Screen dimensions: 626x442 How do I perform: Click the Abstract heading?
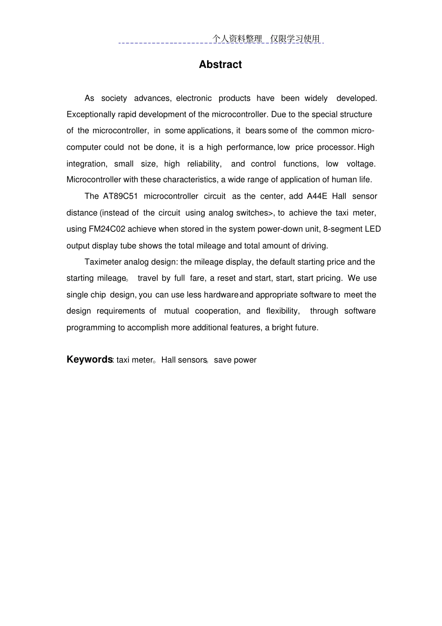pos(220,65)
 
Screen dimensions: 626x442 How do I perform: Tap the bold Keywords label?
pos(89,359)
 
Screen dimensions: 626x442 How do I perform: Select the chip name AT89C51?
pos(121,196)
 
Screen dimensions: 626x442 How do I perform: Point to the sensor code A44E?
pos(317,196)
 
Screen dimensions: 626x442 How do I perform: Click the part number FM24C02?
pos(107,229)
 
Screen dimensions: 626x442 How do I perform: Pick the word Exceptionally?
pos(91,114)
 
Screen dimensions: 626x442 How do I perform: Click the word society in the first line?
pos(114,98)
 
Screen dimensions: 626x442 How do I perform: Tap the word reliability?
pos(204,164)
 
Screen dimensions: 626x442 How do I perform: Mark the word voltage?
pos(361,164)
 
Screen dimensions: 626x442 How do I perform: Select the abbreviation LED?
pos(373,229)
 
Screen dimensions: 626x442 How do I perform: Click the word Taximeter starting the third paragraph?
pos(103,262)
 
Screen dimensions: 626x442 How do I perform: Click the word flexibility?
pos(282,311)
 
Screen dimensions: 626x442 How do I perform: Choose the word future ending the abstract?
pos(306,328)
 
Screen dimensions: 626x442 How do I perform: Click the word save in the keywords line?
pos(223,360)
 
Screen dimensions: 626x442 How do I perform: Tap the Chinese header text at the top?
pos(267,39)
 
